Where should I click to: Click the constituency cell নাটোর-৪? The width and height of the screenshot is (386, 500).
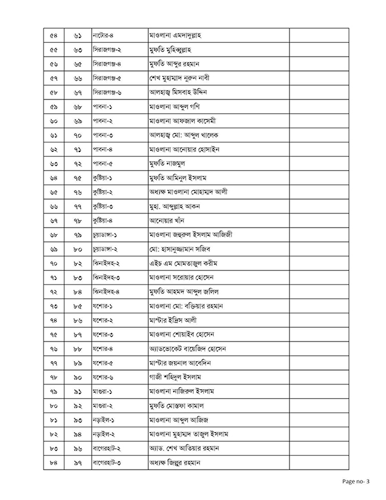[x=103, y=36]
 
